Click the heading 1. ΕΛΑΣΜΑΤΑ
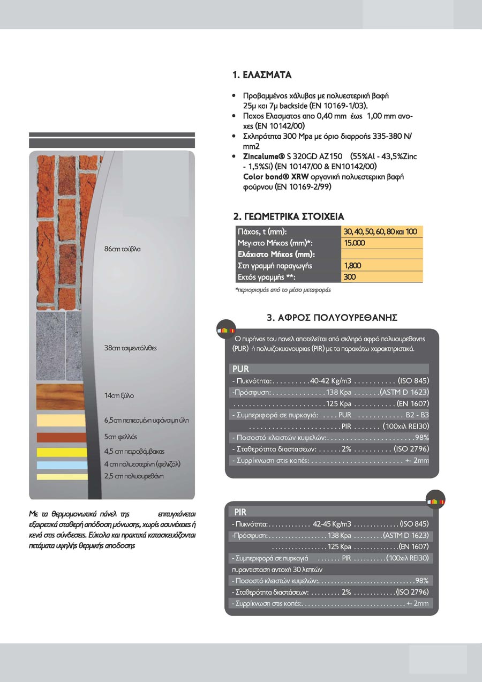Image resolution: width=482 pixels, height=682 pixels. (x=262, y=75)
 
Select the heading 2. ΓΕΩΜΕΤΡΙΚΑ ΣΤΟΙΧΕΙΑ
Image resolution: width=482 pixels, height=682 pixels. (x=289, y=217)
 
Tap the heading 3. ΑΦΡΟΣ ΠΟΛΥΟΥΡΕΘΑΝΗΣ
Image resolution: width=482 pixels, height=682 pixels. (x=332, y=318)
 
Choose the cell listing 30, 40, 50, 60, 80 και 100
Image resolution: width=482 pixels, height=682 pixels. (x=381, y=231)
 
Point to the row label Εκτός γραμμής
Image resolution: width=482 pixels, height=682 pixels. (x=266, y=277)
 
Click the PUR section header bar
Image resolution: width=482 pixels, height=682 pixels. (x=329, y=369)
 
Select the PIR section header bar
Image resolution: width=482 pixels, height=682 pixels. (x=330, y=512)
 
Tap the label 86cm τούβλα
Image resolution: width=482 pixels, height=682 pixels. (x=123, y=249)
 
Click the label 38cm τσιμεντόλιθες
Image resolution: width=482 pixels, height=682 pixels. (x=131, y=348)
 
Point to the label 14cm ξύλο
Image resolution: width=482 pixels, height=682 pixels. (x=119, y=396)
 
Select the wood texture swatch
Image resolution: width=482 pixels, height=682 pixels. (x=61, y=396)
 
